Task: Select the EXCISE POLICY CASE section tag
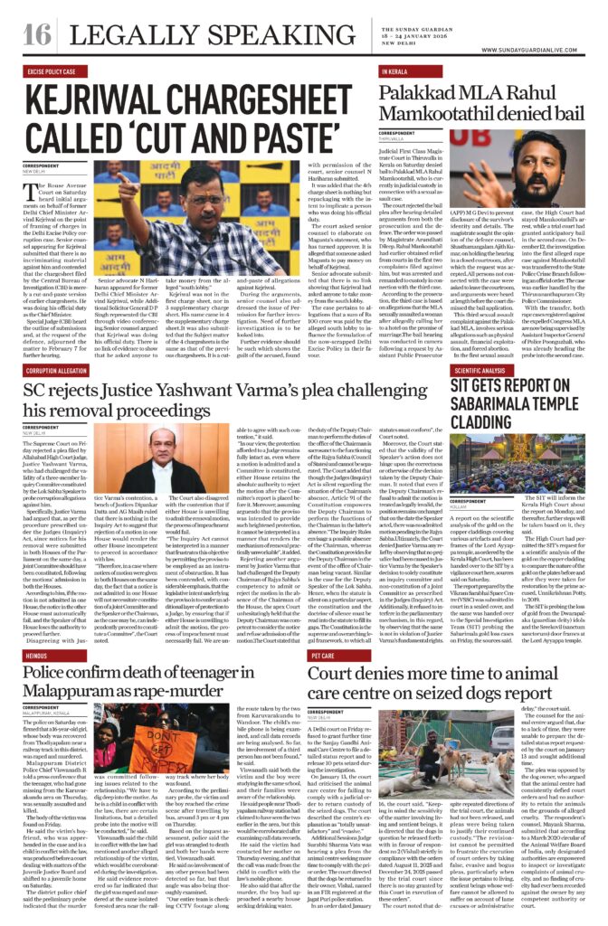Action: tap(51, 71)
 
